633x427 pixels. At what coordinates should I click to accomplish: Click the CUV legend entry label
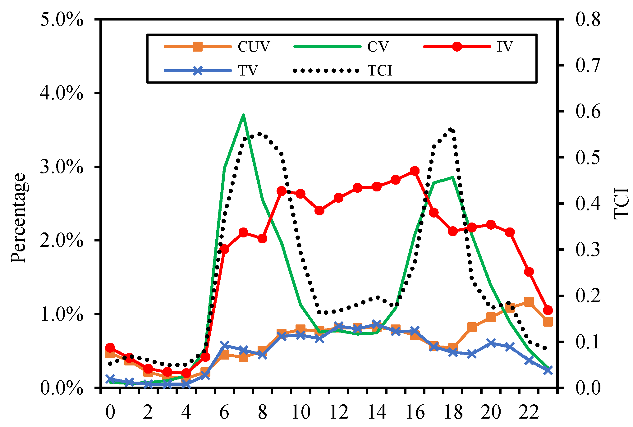(x=254, y=47)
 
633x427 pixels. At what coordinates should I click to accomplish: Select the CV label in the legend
(x=378, y=47)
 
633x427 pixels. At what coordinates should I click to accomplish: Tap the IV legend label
(x=504, y=47)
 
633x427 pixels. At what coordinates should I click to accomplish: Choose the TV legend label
(x=248, y=71)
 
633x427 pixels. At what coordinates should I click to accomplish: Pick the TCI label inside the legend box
(x=380, y=71)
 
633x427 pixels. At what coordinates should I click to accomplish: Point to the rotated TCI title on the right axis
(x=622, y=204)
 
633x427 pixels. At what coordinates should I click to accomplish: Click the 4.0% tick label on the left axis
(x=62, y=93)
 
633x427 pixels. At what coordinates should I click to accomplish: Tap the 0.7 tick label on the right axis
(x=588, y=66)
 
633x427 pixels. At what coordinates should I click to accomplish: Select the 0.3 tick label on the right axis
(x=588, y=250)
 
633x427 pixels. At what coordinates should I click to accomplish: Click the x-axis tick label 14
(x=377, y=412)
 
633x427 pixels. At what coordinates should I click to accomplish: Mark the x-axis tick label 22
(x=529, y=412)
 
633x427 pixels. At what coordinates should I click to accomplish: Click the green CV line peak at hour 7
(x=243, y=115)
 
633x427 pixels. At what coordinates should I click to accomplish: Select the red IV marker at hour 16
(x=415, y=171)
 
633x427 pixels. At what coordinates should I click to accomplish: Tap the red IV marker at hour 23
(x=548, y=310)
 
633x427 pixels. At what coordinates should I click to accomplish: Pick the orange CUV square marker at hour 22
(x=529, y=301)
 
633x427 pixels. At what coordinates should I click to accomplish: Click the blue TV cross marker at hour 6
(x=224, y=345)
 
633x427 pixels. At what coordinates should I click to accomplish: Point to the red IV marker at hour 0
(x=110, y=348)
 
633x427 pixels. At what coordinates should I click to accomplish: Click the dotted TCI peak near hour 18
(x=451, y=130)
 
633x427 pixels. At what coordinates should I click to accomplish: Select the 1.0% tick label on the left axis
(x=62, y=315)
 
